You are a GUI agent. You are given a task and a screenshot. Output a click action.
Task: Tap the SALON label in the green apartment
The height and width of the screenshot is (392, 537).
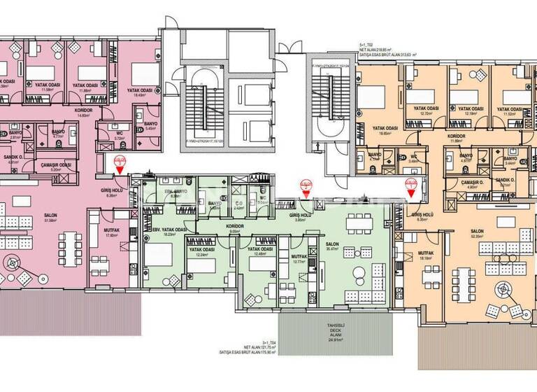pyautogui.click(x=331, y=244)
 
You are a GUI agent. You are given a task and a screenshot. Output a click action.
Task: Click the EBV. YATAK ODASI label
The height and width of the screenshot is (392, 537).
pyautogui.click(x=166, y=230)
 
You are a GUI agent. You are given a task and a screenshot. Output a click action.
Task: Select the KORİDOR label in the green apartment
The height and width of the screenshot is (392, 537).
pyautogui.click(x=234, y=227)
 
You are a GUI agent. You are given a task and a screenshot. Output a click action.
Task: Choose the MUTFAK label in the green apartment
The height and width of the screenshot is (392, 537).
pyautogui.click(x=299, y=257)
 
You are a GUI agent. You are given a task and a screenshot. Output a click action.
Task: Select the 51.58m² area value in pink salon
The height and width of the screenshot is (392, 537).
pyautogui.click(x=30, y=220)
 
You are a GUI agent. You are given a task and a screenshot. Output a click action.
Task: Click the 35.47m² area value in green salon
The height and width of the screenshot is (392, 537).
pyautogui.click(x=331, y=250)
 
